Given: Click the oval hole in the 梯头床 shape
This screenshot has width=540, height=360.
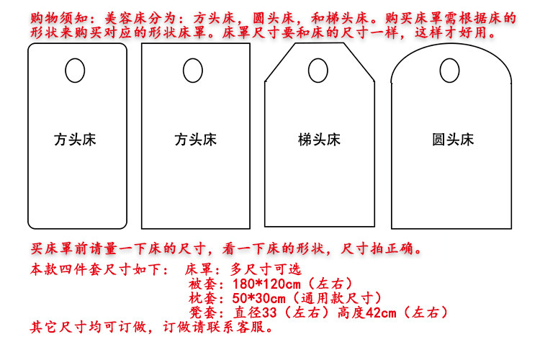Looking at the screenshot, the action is tap(317, 71).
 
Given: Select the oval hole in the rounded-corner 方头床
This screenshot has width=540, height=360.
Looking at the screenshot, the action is tap(75, 71).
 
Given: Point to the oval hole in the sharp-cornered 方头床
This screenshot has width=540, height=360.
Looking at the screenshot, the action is tap(192, 71).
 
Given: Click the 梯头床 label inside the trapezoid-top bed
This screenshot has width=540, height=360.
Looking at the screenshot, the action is tap(319, 139).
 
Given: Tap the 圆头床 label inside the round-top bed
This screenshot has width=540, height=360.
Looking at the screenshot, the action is tap(453, 139).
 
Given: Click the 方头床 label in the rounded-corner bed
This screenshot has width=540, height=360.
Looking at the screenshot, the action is tap(75, 139).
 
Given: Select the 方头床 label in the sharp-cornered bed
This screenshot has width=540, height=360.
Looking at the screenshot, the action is tap(195, 139).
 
